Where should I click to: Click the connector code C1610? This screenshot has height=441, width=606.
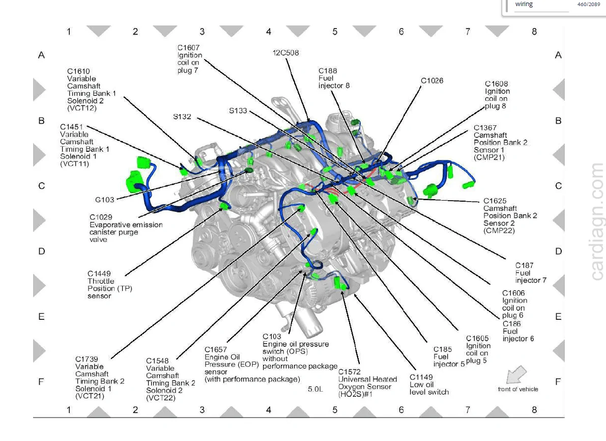pyautogui.click(x=78, y=71)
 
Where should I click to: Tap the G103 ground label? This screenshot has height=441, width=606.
pyautogui.click(x=105, y=200)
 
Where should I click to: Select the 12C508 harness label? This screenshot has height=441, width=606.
pyautogui.click(x=285, y=52)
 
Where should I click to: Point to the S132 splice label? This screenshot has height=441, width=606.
pyautogui.click(x=182, y=117)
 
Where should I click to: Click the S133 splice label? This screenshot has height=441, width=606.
pyautogui.click(x=238, y=111)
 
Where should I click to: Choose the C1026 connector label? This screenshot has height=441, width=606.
pyautogui.click(x=431, y=80)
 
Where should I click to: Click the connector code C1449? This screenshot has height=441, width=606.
pyautogui.click(x=99, y=273)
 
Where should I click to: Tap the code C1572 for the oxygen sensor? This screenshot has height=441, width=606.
pyautogui.click(x=350, y=372)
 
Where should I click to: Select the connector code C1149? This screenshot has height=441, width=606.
pyautogui.click(x=421, y=377)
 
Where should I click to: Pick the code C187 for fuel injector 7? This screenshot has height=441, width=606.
pyautogui.click(x=524, y=265)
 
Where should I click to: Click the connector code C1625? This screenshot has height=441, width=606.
pyautogui.click(x=495, y=201)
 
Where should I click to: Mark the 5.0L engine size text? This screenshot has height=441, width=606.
pyautogui.click(x=315, y=389)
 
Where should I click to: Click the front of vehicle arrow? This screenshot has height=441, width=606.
pyautogui.click(x=516, y=374)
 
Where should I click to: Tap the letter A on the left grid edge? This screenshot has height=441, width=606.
pyautogui.click(x=41, y=56)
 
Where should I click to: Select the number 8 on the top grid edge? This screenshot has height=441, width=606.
pyautogui.click(x=534, y=32)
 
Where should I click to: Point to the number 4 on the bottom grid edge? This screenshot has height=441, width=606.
pyautogui.click(x=269, y=409)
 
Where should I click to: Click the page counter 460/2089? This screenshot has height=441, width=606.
pyautogui.click(x=589, y=4)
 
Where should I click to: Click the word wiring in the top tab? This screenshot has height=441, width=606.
pyautogui.click(x=524, y=4)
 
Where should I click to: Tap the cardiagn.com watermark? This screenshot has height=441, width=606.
pyautogui.click(x=597, y=222)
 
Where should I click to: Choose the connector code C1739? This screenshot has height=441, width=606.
pyautogui.click(x=86, y=359)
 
